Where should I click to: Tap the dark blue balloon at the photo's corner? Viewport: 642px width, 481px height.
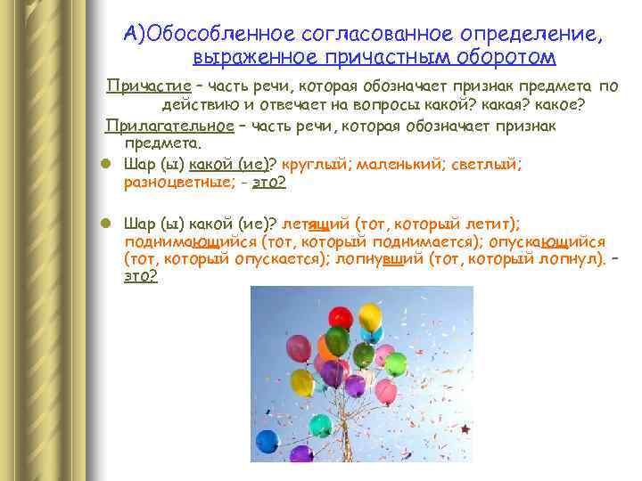pyautogui.click(x=267, y=441)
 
